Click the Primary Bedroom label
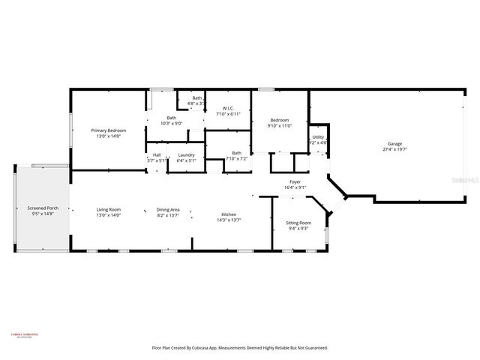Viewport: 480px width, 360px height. click(108, 130)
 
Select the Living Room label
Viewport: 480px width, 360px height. click(108, 209)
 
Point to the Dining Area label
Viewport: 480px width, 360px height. click(168, 209)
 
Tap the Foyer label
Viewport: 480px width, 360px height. click(295, 182)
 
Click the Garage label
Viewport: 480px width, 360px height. click(394, 143)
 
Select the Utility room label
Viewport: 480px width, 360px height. click(318, 137)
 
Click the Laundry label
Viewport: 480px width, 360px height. click(186, 155)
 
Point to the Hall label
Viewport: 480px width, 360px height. click(157, 155)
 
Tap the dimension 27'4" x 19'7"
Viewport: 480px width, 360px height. click(394, 149)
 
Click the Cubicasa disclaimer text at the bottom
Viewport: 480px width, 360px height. click(239, 348)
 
